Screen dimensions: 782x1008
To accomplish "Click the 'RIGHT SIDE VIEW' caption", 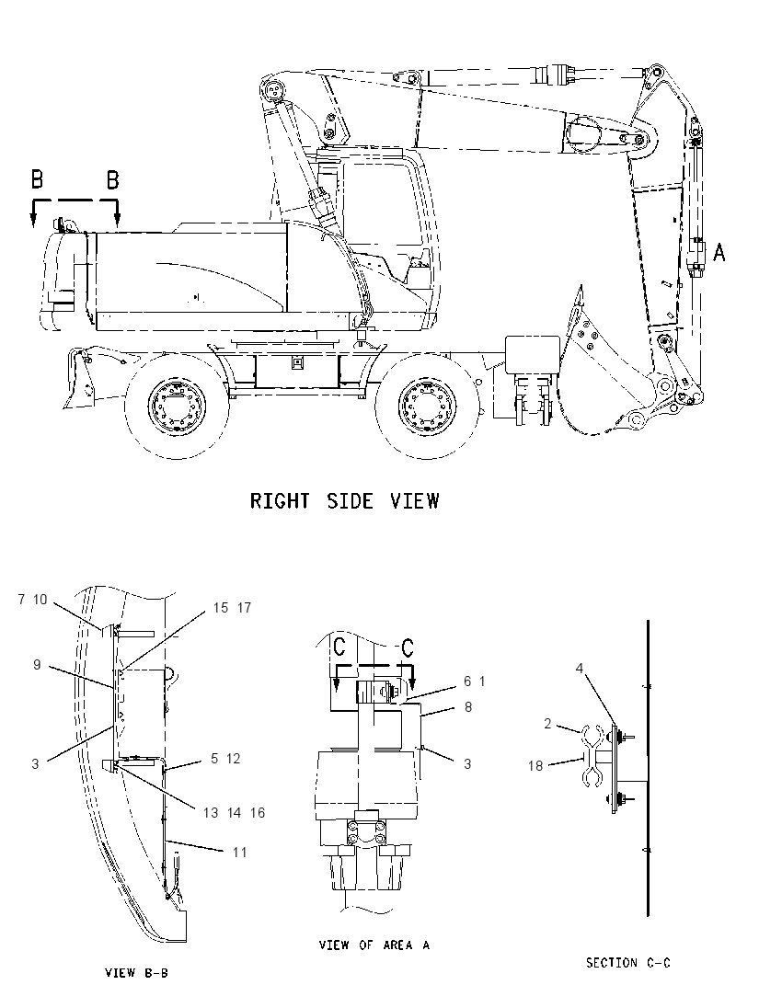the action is (345, 501).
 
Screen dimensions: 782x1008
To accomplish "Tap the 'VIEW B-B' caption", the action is (136, 973).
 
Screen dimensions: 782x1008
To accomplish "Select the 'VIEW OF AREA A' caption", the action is (374, 945).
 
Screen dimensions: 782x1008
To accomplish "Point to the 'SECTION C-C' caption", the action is (627, 962).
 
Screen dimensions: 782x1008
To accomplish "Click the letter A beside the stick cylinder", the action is (719, 252).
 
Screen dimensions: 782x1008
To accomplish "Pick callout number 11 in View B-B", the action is (240, 853).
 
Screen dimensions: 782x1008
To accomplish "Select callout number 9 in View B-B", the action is (38, 665).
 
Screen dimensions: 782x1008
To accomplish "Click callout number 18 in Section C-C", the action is (535, 765).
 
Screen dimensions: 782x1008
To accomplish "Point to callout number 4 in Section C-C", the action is (580, 669).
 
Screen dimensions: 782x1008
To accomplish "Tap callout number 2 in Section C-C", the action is (547, 724).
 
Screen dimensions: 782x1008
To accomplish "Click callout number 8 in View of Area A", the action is (468, 707).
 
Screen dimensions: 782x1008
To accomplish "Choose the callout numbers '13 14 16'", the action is (234, 813).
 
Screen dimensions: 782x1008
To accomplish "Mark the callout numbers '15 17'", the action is (232, 608).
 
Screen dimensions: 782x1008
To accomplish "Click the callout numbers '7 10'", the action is (33, 600).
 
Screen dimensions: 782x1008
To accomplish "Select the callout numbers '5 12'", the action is (225, 759).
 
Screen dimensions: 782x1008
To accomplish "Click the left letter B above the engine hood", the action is (38, 178).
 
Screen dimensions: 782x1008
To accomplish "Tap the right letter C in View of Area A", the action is (407, 647).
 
